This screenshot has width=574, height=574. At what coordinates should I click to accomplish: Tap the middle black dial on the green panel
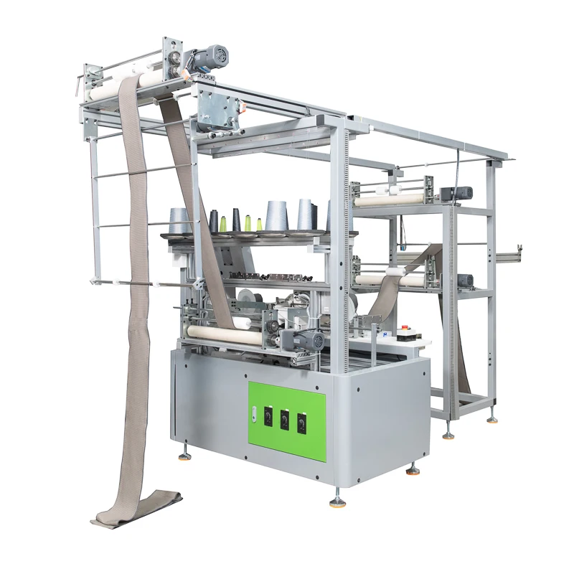[285, 418]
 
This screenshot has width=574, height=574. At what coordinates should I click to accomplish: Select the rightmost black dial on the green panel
[301, 422]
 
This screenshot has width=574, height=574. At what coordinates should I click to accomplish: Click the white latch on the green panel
[253, 410]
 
